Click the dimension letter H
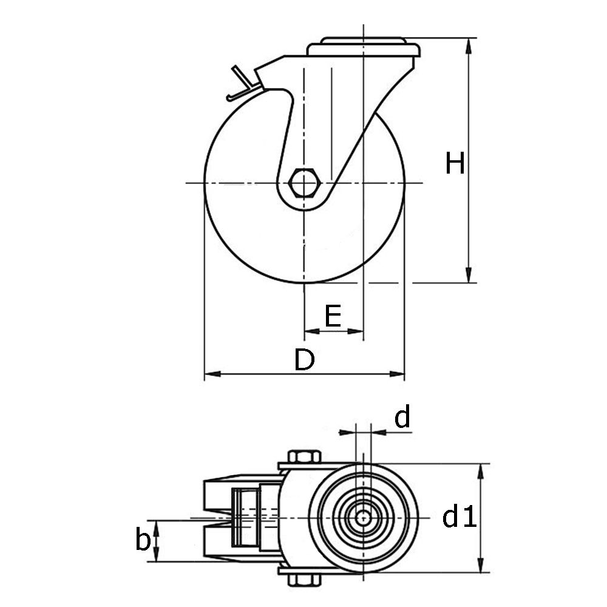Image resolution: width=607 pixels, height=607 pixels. click(x=455, y=163)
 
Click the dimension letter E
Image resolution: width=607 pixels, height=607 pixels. click(x=333, y=316)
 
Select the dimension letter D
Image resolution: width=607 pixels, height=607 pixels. click(x=304, y=359)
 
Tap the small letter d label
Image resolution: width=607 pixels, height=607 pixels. click(x=402, y=417)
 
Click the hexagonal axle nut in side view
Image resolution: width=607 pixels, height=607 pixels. click(x=304, y=183)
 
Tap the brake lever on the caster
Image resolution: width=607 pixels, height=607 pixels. click(x=243, y=84)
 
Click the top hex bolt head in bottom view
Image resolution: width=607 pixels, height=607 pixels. click(x=304, y=456)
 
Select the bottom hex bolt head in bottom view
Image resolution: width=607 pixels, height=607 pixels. click(x=304, y=580)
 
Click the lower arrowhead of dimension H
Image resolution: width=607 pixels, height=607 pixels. click(x=469, y=275)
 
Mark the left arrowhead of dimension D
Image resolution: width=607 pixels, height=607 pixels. click(x=212, y=374)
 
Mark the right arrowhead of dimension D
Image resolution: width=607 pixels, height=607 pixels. click(x=397, y=374)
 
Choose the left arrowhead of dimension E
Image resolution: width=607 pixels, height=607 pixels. click(x=312, y=331)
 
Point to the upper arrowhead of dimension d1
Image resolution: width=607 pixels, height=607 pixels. click(x=481, y=471)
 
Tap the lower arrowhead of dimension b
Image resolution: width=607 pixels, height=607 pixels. click(x=156, y=554)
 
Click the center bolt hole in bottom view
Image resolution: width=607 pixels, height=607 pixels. click(x=363, y=518)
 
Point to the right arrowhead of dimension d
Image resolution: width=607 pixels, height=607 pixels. click(x=379, y=432)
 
